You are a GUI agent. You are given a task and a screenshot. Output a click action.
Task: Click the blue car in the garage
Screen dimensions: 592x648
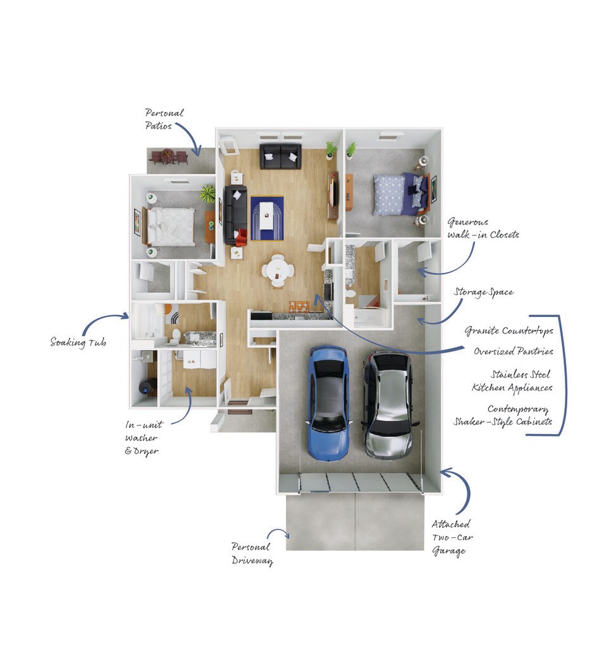[x=328, y=403]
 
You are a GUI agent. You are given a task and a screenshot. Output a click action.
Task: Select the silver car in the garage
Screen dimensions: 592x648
[x=388, y=405]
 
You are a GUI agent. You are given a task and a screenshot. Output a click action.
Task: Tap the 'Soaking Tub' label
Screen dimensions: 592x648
[x=78, y=342]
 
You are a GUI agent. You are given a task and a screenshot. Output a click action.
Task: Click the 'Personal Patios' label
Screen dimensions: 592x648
[x=164, y=119]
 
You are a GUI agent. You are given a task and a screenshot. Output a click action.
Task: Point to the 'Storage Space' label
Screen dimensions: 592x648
[x=484, y=292]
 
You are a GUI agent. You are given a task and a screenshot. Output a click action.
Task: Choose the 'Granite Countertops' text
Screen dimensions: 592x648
[x=509, y=330]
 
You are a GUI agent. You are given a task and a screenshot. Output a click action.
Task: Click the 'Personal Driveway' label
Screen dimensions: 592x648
[x=252, y=554]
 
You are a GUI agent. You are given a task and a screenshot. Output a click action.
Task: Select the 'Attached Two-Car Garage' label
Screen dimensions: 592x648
[x=452, y=538]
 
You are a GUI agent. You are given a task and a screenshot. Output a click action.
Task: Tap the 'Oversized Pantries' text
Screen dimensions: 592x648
[x=513, y=351]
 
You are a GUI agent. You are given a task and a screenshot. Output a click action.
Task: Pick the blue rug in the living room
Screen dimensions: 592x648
[x=267, y=218]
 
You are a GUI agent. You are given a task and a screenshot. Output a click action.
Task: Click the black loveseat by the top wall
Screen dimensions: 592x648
[x=281, y=156]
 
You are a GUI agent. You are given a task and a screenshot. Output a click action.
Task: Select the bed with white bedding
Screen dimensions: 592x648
[x=168, y=226]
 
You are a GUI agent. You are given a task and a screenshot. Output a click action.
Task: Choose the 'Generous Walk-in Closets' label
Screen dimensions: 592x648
[x=483, y=228]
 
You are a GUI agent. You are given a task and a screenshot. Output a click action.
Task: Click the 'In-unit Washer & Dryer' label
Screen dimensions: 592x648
[x=143, y=438]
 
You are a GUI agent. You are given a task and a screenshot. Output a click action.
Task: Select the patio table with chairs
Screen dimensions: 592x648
[x=168, y=157]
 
